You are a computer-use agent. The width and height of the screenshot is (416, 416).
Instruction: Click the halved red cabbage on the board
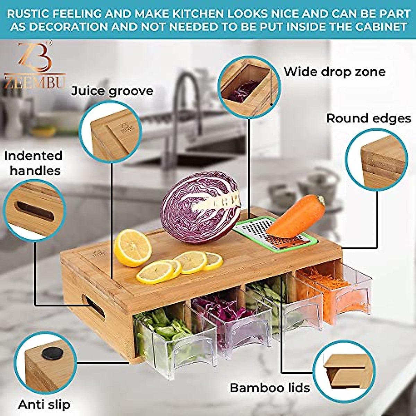pos(199,208)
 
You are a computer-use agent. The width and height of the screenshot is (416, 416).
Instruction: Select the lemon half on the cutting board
pos(132,248)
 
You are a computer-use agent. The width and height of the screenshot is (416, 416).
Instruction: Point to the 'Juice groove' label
pos(112,91)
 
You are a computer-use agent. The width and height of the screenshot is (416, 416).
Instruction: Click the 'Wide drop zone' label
pos(335,72)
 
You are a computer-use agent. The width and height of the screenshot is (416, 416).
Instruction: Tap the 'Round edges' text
pos(369,119)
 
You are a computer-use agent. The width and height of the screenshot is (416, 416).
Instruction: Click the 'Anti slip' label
pos(44,404)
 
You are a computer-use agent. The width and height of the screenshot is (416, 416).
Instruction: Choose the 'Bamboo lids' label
pos(270,388)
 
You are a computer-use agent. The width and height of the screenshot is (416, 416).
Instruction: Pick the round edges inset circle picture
pos(376,159)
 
